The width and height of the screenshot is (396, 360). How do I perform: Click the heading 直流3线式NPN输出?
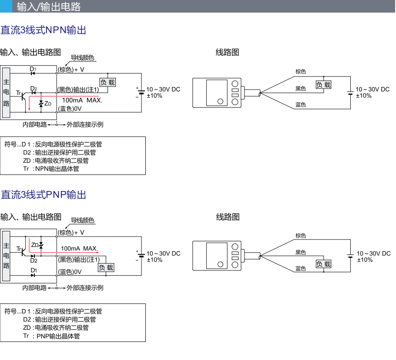pyautogui.click(x=43, y=30)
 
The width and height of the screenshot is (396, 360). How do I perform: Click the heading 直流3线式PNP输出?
pyautogui.click(x=43, y=194)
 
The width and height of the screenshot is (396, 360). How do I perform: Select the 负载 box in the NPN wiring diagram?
pyautogui.click(x=323, y=85)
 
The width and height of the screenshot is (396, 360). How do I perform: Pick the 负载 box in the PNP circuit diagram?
pyautogui.click(x=106, y=268)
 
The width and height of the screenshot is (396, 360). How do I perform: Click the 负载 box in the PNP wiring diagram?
pyautogui.click(x=323, y=264)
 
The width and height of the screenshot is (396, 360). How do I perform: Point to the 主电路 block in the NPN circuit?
pyautogui.click(x=6, y=92)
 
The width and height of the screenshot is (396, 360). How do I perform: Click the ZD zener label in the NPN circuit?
pyautogui.click(x=48, y=104)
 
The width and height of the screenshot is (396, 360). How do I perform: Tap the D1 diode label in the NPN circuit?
pyautogui.click(x=33, y=69)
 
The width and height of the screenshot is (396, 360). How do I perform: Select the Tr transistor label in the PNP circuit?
pyautogui.click(x=19, y=248)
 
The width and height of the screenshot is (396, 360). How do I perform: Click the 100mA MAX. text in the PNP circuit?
pyautogui.click(x=79, y=248)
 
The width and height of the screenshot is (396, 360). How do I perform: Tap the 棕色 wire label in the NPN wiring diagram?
pyautogui.click(x=301, y=72)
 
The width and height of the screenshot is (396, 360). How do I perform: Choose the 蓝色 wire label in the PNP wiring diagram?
pyautogui.click(x=301, y=269)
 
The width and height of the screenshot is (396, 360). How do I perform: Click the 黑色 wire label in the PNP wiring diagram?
pyautogui.click(x=301, y=252)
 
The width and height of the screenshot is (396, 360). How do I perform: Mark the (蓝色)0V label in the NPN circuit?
pyautogui.click(x=70, y=109)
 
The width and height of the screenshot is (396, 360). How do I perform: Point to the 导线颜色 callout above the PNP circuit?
pyautogui.click(x=82, y=220)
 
